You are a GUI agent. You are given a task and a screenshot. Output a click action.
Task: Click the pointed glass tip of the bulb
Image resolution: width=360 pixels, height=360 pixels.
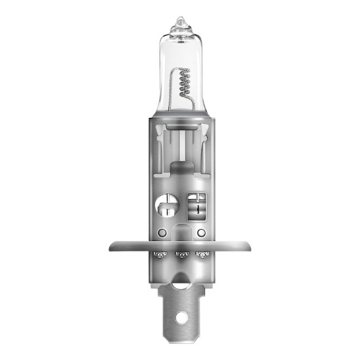point(180,22)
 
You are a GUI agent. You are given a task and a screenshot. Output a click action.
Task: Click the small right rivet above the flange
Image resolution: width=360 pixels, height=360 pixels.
point(201,233)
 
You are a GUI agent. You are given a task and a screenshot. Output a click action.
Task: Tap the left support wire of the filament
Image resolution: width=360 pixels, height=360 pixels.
point(172,92)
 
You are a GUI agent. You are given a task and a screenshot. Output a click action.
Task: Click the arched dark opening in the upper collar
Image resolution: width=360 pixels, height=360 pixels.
point(180,171)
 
